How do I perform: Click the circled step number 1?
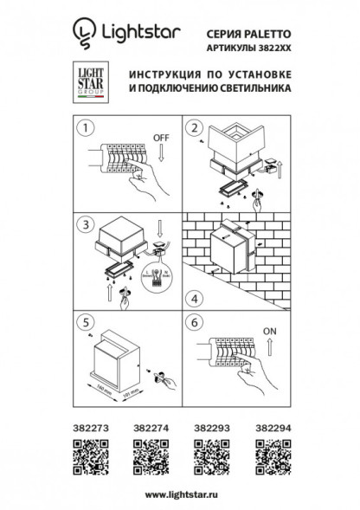click(x=85, y=129)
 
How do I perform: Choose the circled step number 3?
click(x=85, y=223)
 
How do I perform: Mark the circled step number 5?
click(x=85, y=319)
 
